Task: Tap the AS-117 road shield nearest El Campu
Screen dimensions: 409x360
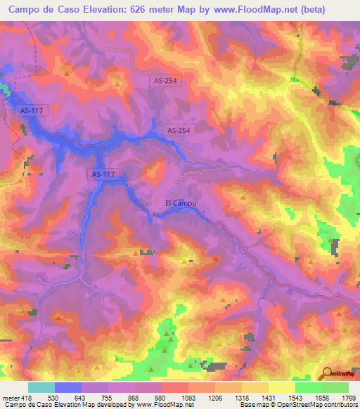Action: pyautogui.click(x=102, y=174)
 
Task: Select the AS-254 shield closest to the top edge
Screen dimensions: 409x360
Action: pyautogui.click(x=167, y=81)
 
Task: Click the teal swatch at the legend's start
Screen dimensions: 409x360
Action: pyautogui.click(x=41, y=388)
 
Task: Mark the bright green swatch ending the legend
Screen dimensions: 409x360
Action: pyautogui.click(x=335, y=388)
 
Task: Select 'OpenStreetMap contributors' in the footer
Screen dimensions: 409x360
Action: pyautogui.click(x=316, y=405)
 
